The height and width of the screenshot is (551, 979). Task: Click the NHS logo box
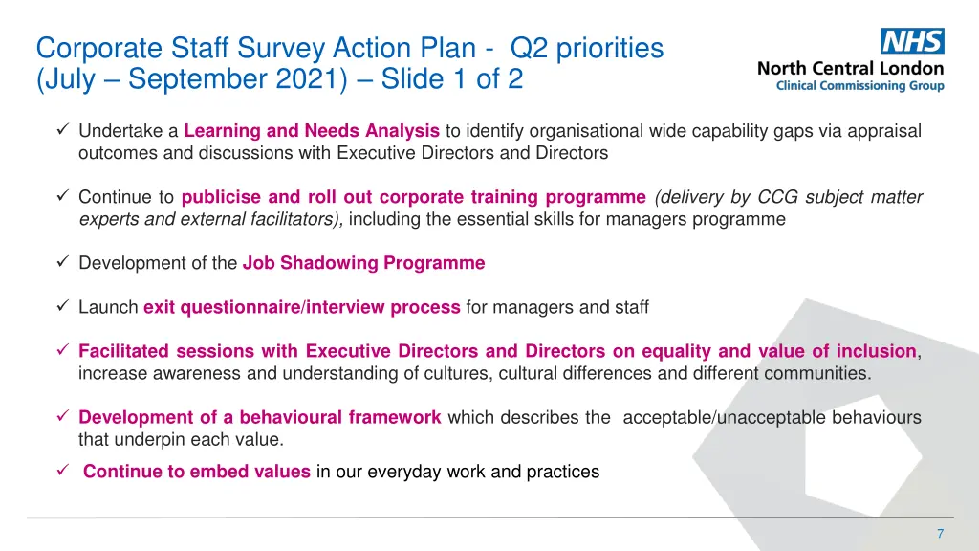(912, 41)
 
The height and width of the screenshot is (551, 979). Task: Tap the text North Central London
(850, 68)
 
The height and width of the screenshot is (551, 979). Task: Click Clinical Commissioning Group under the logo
(859, 86)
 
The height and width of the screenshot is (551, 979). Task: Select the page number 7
(940, 533)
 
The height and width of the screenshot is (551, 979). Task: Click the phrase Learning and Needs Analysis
(312, 131)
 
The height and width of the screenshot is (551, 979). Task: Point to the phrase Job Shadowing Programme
(363, 263)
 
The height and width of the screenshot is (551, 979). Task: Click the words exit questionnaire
(221, 308)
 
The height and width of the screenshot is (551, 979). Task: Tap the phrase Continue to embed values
(196, 471)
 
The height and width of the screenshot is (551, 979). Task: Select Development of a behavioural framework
(259, 417)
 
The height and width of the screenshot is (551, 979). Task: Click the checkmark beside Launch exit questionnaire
(62, 307)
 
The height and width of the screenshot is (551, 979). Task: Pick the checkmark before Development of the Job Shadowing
(62, 262)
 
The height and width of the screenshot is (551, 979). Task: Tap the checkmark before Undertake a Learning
(62, 130)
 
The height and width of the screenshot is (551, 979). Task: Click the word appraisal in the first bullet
(886, 131)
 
